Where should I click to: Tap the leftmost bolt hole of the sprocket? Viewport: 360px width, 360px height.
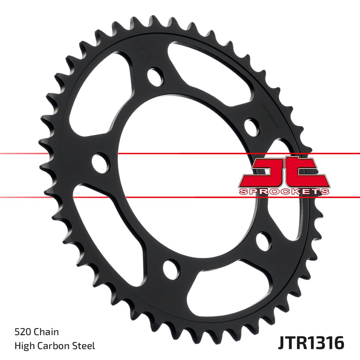(x=100, y=162)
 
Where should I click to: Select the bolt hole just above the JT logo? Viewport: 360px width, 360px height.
(x=250, y=126)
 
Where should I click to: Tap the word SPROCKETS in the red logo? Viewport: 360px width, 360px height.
(x=284, y=192)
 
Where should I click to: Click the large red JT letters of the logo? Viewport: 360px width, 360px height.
(x=283, y=172)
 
